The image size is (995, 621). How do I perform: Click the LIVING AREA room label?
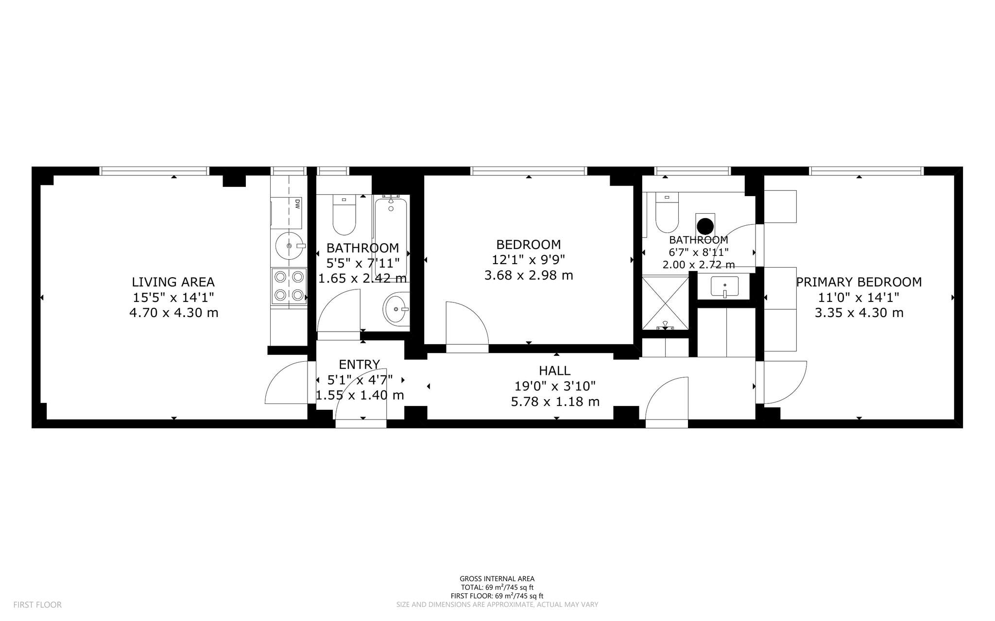pos(173,282)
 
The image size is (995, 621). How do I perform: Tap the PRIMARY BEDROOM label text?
pos(859,282)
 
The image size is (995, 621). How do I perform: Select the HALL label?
pos(555,371)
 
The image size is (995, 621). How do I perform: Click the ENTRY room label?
pos(360,365)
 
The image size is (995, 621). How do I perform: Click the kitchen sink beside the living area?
pos(290,246)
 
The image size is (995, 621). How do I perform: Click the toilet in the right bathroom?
pos(667,212)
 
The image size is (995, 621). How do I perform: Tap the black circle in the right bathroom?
pos(705,226)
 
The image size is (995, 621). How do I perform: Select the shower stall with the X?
pos(665,303)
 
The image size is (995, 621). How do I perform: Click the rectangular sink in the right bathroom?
pos(724,286)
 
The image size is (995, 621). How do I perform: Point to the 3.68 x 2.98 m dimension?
pos(529,275)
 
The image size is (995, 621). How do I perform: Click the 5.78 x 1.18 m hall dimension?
pos(555,402)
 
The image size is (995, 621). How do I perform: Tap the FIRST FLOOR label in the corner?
pos(37,605)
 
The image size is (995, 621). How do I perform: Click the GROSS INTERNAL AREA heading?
pos(497,579)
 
